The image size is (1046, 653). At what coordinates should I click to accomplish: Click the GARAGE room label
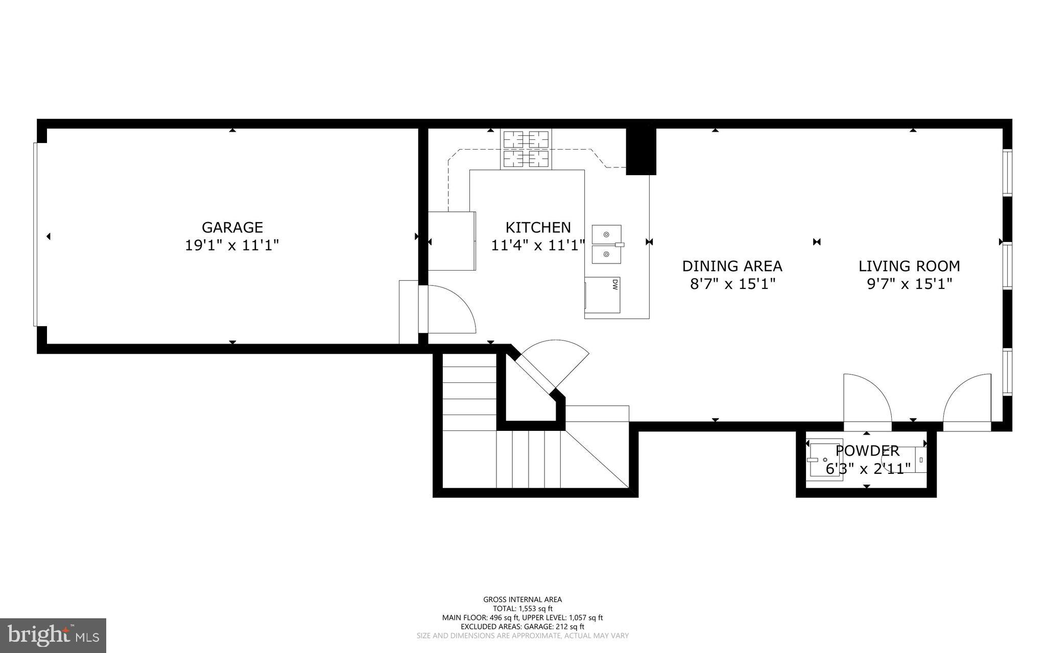tap(232, 227)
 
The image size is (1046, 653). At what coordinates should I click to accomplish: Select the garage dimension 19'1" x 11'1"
tap(232, 246)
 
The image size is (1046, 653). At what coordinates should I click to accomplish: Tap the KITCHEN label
tap(538, 227)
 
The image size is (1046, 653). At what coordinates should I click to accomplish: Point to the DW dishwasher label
tap(615, 284)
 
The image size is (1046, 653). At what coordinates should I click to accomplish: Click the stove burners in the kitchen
tap(526, 149)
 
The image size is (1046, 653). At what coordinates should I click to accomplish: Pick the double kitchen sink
tap(607, 244)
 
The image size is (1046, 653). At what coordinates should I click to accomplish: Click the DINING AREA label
tap(732, 266)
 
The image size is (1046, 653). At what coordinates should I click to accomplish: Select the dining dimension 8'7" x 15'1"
tap(732, 284)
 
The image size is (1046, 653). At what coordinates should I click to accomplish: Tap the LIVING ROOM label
tap(909, 266)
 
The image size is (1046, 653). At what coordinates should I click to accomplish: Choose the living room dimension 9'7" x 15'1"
tap(910, 284)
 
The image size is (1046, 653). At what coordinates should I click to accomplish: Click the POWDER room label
tap(867, 451)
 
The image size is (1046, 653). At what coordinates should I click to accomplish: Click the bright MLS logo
tap(53, 635)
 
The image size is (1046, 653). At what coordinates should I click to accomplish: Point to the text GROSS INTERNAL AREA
tap(522, 599)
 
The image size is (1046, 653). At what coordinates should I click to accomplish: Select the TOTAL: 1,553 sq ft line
tap(522, 609)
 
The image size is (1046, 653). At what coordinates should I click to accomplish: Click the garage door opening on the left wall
tap(35, 234)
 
